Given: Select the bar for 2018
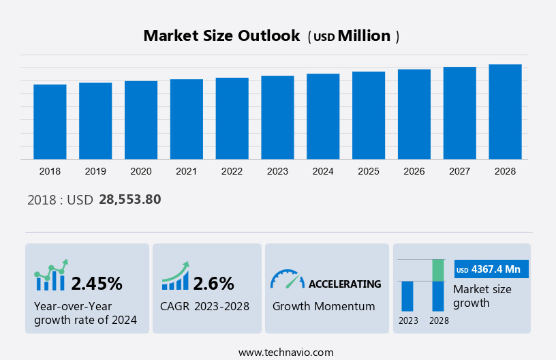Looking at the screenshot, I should [50, 121].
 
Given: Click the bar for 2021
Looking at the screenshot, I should [187, 119].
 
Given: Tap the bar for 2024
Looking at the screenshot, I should [323, 117].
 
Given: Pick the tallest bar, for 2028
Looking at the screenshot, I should [505, 112].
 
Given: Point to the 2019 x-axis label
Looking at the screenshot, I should [95, 171].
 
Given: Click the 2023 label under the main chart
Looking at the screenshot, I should [277, 171].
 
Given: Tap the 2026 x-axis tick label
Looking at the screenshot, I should [414, 171].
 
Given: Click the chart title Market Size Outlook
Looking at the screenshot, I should [221, 36].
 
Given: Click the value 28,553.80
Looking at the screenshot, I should [129, 200].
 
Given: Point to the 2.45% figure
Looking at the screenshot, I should [97, 283].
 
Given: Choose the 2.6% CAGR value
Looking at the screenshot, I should [213, 283].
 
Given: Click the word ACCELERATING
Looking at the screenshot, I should [345, 284].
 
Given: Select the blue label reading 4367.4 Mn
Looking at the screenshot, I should [491, 269].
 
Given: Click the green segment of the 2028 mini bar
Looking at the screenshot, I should [438, 270].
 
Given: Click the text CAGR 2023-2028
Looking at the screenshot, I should [204, 306].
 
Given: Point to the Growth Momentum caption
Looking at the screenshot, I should [324, 306].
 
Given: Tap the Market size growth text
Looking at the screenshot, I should [482, 296].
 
